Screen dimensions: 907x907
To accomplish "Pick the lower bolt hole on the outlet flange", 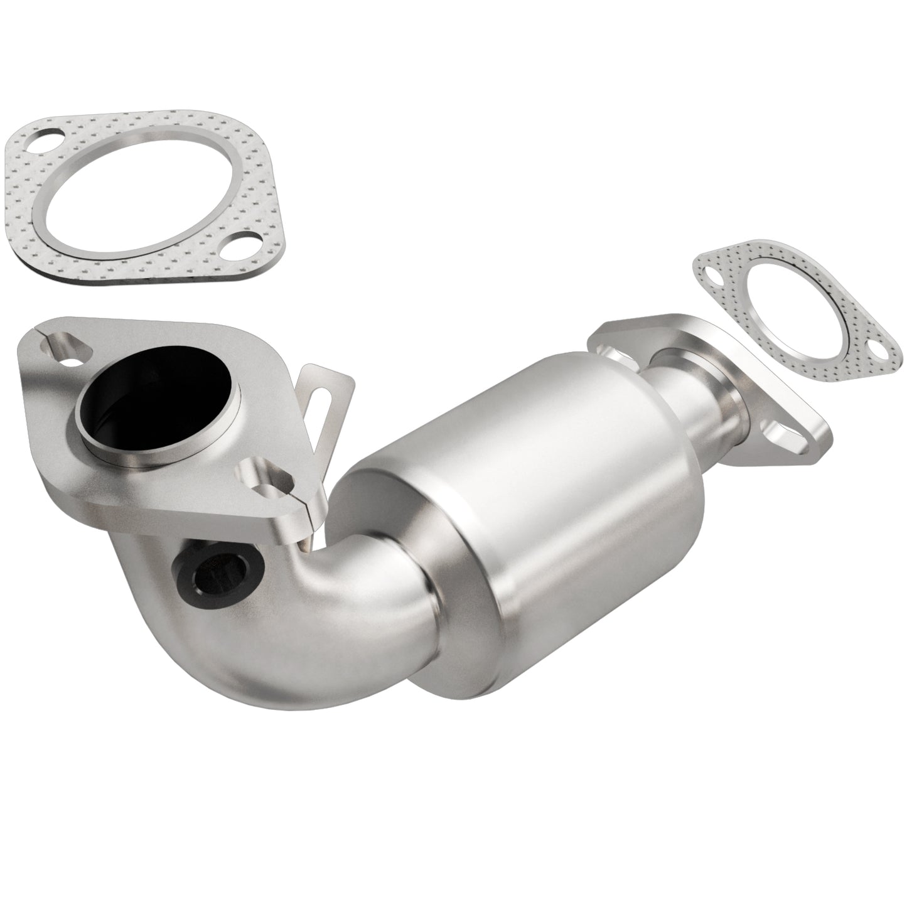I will pos(786,444).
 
